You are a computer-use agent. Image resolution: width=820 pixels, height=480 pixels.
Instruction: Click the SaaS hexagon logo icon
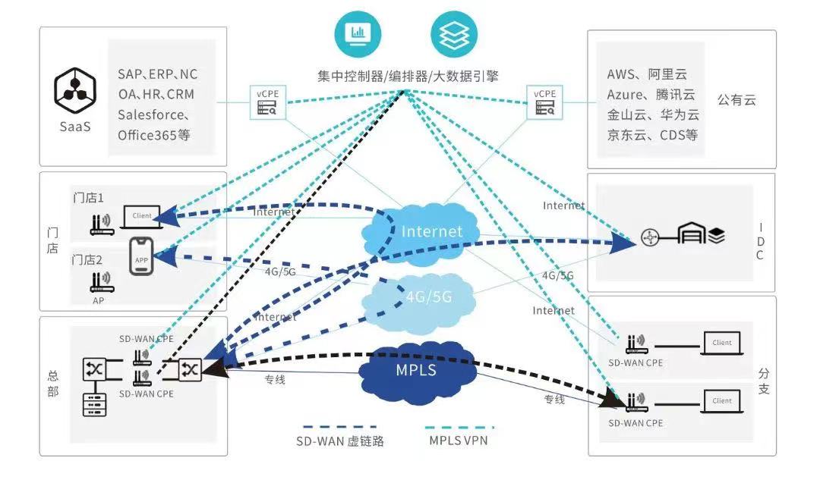click(x=74, y=89)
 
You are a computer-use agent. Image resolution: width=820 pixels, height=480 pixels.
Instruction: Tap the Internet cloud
click(x=430, y=231)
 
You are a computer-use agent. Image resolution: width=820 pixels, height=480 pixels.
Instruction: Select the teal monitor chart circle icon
click(x=358, y=33)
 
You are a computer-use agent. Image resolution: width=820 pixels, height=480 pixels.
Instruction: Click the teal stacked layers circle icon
click(x=455, y=33)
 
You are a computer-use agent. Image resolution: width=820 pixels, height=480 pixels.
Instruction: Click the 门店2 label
click(x=87, y=259)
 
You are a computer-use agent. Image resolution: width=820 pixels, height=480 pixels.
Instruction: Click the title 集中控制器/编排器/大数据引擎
click(x=408, y=76)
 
